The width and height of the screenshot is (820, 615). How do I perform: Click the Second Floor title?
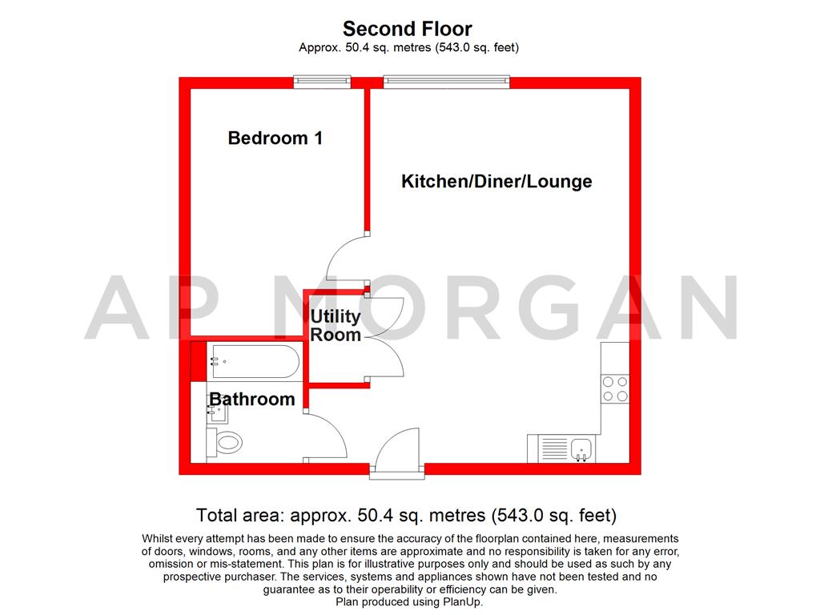(x=408, y=28)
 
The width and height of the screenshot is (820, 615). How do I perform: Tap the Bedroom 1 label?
(x=275, y=138)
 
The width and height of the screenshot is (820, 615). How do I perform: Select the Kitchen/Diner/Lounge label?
(x=496, y=181)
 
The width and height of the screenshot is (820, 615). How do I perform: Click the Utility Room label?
(x=336, y=325)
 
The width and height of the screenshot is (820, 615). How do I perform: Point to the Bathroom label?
(x=252, y=399)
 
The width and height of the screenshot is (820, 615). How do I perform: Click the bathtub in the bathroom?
(x=255, y=361)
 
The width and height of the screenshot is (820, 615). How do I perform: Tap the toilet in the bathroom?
(x=224, y=443)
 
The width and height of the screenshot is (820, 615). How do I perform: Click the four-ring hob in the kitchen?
(x=615, y=389)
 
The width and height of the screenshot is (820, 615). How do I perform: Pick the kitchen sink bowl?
(x=581, y=449)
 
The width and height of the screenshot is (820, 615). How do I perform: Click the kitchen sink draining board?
(x=554, y=449)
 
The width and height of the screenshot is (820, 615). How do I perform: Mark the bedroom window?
(x=322, y=82)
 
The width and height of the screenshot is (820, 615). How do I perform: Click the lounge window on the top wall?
(x=446, y=82)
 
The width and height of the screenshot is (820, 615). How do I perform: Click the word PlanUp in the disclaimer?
(x=462, y=602)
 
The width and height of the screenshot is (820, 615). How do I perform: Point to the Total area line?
(x=406, y=516)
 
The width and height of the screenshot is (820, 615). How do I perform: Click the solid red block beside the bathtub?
(x=199, y=361)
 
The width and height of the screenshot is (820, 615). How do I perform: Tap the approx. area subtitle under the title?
(x=408, y=47)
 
